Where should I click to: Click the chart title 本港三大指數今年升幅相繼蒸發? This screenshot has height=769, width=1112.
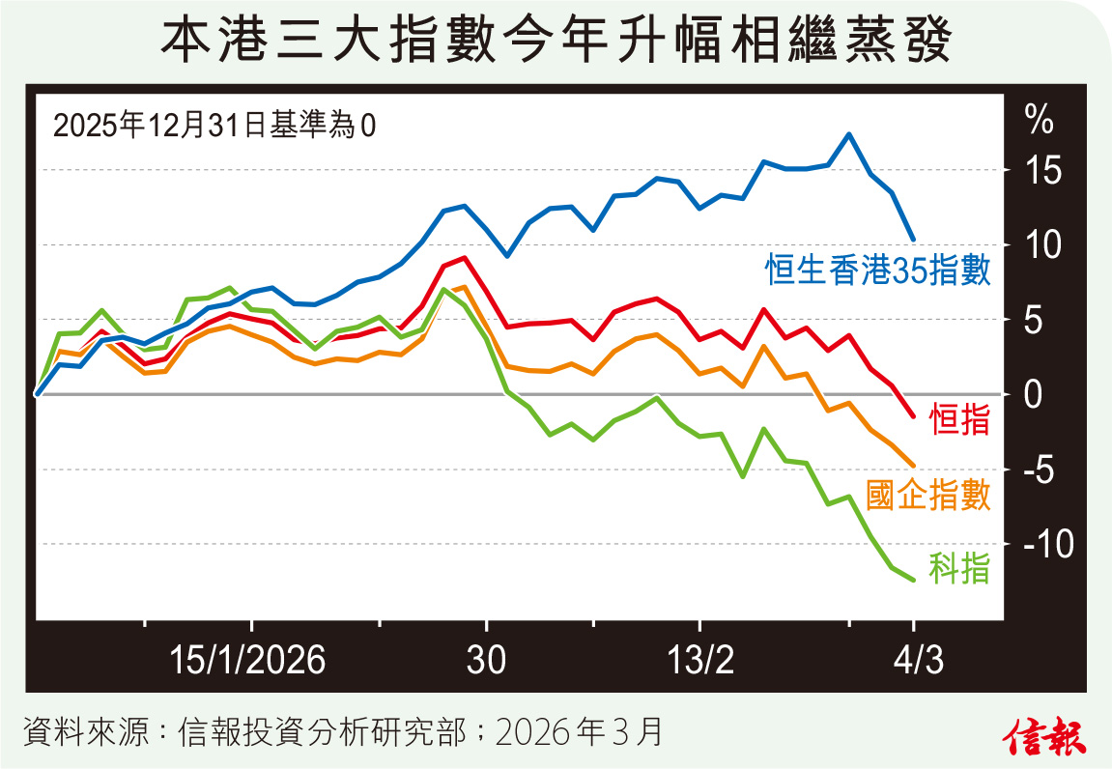click(556, 43)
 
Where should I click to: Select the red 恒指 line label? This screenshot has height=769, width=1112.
click(959, 421)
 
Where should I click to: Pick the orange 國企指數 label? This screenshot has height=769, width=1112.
click(928, 496)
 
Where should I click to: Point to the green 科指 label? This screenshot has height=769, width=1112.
click(959, 569)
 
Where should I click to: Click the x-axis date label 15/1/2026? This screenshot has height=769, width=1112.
click(248, 662)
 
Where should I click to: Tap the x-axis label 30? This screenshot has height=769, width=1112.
click(486, 662)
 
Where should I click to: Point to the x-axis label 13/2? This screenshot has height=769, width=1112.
click(701, 662)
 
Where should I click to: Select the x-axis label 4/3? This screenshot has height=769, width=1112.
click(913, 662)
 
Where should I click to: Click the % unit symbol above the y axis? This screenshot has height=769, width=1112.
click(1039, 122)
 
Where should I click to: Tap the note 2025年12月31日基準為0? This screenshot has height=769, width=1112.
click(214, 126)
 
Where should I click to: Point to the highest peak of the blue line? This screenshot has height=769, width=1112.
click(848, 134)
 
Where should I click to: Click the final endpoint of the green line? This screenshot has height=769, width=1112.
click(913, 580)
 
